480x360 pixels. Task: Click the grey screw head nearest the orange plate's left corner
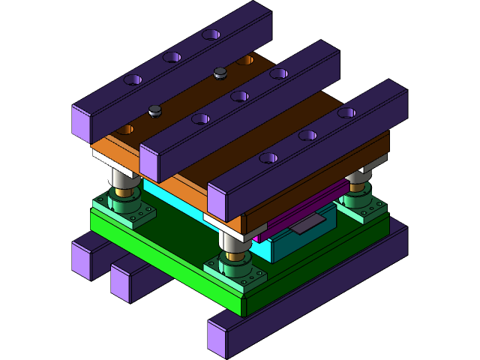pyautogui.click(x=155, y=111)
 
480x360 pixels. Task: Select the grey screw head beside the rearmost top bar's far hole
pyautogui.click(x=220, y=73)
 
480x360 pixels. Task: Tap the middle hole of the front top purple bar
pyautogui.click(x=307, y=136)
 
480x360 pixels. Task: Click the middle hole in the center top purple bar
pyautogui.click(x=239, y=96)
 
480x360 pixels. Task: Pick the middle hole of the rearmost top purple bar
pyautogui.click(x=172, y=57)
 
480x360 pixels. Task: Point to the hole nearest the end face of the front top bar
pyautogui.click(x=268, y=158)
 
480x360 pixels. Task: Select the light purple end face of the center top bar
pyautogui.click(x=149, y=163)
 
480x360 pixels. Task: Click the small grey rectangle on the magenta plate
pyautogui.click(x=307, y=223)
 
